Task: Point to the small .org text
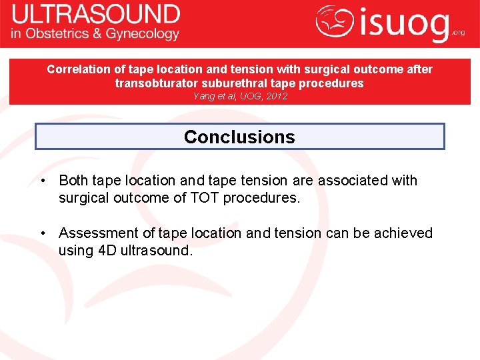(x=459, y=31)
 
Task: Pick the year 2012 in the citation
(x=276, y=97)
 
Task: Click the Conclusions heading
(x=239, y=137)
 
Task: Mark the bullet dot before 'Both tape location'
(x=42, y=181)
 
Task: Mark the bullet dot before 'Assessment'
(x=42, y=233)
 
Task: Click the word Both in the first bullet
(x=73, y=181)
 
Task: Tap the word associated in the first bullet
(x=351, y=181)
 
